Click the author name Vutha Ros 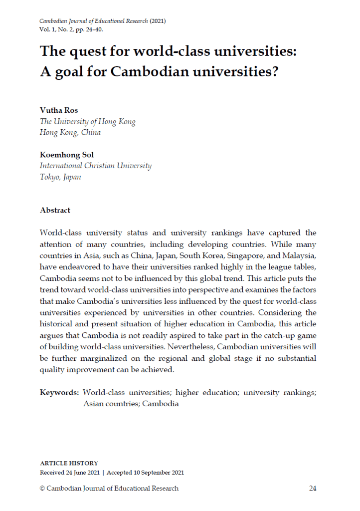[59, 110]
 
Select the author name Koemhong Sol [67, 155]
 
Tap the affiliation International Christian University [95, 166]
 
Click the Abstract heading [55, 210]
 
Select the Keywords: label [59, 393]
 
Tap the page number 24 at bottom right [312, 488]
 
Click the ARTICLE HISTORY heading [69, 464]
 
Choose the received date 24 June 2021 [85, 473]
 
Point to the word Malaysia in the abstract [298, 255]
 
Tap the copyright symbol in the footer [42, 488]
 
